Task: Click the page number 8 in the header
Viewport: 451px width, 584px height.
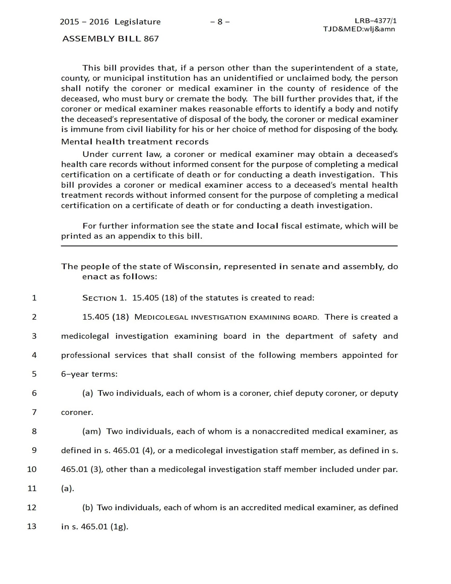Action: pos(220,22)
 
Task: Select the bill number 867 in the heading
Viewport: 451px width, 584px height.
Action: pos(151,39)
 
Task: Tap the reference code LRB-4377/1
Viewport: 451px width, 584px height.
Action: pos(376,21)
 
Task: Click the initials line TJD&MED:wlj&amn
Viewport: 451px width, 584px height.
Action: pos(359,29)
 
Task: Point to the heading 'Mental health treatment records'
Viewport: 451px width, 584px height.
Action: pos(135,142)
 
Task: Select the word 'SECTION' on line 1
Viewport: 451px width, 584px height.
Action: pos(99,298)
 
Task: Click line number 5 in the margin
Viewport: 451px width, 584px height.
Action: pos(34,374)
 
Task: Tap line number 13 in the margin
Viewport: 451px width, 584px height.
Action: pos(32,526)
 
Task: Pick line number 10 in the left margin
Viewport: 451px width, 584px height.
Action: pos(32,469)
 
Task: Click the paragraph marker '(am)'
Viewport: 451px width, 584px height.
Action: pos(91,431)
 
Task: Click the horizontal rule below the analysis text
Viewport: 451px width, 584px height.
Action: pos(229,246)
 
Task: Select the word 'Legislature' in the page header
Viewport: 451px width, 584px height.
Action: pos(138,22)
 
